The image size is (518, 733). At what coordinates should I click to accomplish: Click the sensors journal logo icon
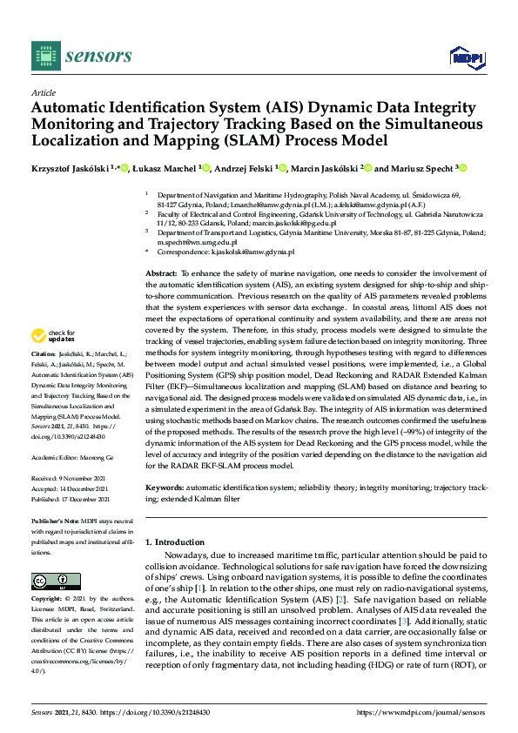coord(44,56)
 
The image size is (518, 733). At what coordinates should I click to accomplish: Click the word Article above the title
coord(43,91)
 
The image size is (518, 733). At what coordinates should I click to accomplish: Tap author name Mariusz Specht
coord(425,168)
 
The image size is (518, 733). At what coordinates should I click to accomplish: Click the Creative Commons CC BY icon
coord(50,581)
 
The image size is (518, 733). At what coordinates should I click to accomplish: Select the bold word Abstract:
coord(161,273)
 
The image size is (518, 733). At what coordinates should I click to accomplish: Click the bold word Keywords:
coord(164,488)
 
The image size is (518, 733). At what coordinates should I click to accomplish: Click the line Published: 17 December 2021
coord(71,500)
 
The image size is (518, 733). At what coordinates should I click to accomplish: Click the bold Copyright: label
coord(49,600)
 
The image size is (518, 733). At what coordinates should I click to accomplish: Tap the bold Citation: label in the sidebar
coord(44,355)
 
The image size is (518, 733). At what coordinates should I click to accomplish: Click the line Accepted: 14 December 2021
coord(71,488)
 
